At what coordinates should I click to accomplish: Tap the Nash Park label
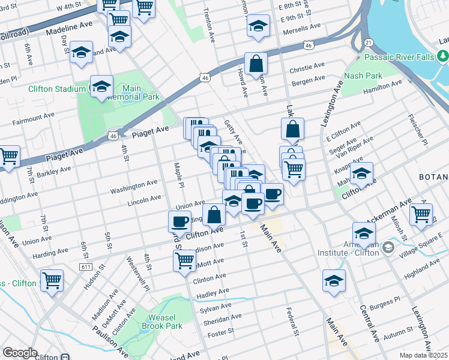click(x=363, y=76)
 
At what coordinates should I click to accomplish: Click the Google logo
click(x=20, y=353)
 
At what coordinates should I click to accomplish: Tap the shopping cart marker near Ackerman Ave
click(x=421, y=214)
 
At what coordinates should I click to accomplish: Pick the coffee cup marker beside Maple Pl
click(x=179, y=221)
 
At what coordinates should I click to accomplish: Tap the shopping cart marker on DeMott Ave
click(x=184, y=260)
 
